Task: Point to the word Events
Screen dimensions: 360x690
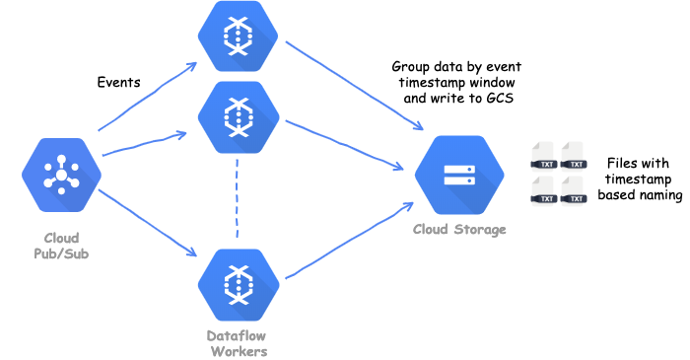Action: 118,82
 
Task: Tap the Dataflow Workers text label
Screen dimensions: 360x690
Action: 239,343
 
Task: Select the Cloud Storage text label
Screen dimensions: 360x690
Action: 459,230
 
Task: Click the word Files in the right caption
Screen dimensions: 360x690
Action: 622,161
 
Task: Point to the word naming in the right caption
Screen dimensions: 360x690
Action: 659,195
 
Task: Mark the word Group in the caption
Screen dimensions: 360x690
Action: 411,66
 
